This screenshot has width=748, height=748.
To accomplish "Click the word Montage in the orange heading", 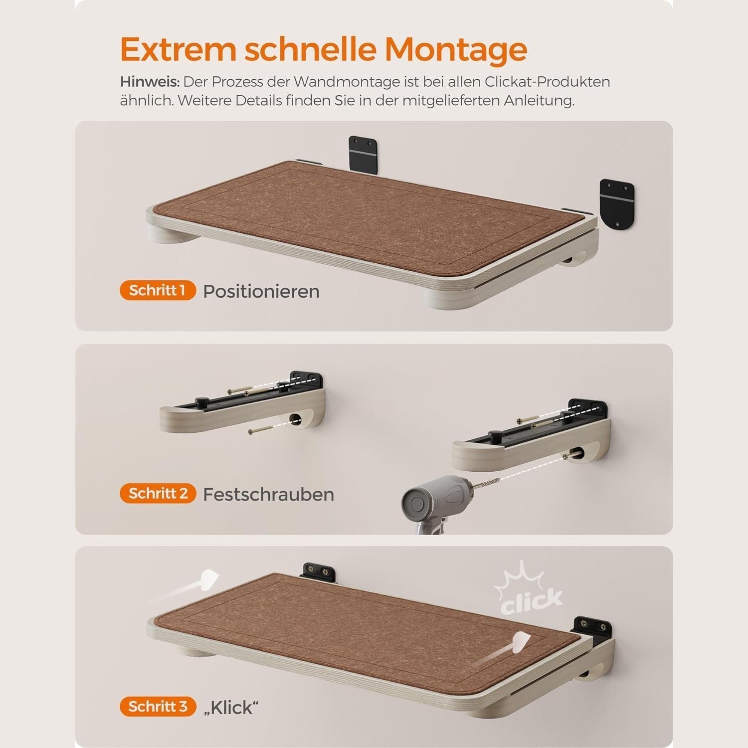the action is tap(456, 50).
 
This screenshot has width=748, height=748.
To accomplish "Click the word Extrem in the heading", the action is tap(178, 50).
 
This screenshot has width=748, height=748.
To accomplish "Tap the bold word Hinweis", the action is tap(150, 82).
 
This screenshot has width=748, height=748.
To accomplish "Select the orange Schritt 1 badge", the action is tap(158, 291).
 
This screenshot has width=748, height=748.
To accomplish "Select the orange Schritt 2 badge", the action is tap(158, 494).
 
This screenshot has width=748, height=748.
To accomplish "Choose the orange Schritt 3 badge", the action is tap(158, 707).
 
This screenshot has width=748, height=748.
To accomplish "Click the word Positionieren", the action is tap(261, 292).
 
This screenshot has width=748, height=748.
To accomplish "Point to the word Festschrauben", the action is tap(269, 495).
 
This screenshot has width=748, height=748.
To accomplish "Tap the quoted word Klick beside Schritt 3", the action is tap(231, 708).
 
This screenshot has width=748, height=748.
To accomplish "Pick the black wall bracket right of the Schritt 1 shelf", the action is tap(616, 203).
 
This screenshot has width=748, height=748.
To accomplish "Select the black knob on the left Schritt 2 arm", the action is tap(201, 401).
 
